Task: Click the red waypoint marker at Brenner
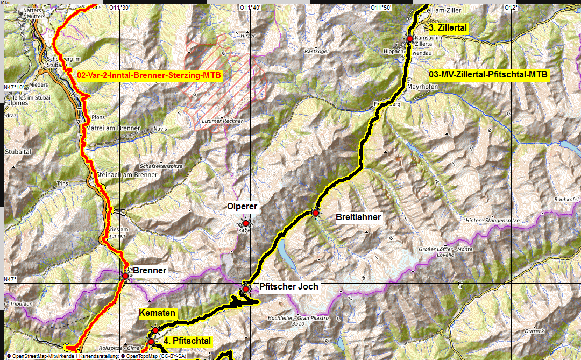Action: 125,276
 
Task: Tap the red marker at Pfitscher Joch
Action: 246,289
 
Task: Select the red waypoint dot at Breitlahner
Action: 316,214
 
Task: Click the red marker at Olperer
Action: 246,223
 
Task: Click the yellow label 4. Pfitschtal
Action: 187,341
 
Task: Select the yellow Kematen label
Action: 157,313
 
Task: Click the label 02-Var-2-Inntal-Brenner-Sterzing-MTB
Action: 148,75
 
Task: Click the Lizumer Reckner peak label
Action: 223,122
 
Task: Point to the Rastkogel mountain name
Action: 316,52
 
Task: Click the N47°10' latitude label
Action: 14,86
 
